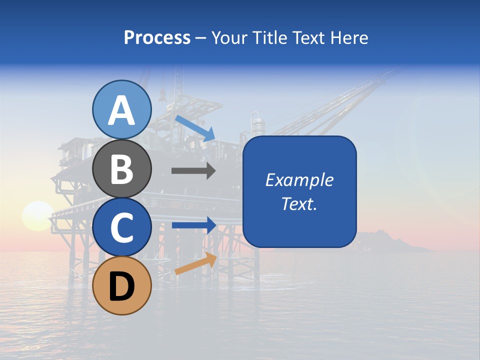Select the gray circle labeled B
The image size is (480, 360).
tap(121, 168)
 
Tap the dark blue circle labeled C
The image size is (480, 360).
tap(121, 227)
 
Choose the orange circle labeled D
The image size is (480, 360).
tap(121, 285)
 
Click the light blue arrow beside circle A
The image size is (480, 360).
tap(195, 127)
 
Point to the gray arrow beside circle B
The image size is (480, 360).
tap(193, 170)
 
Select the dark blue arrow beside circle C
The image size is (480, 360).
tap(193, 225)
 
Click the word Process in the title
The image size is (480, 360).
tap(157, 37)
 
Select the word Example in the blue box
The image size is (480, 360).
tap(299, 180)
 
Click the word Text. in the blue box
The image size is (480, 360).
tap(299, 203)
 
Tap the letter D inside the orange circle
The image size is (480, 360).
tap(121, 286)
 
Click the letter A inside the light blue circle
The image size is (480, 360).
tap(121, 110)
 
